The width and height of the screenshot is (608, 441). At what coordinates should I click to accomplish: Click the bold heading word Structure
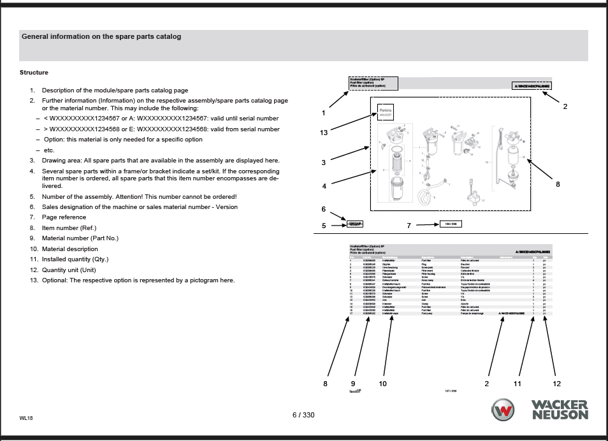point(34,73)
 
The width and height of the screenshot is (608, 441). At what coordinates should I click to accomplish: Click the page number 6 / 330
point(303,415)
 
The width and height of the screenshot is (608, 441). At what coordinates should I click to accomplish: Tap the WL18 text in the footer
point(27,419)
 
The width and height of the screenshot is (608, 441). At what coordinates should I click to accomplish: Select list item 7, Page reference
point(64,217)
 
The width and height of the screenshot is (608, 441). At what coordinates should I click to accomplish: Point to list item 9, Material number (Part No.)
point(80,238)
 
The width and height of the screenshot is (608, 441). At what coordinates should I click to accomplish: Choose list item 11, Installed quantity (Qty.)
point(75,259)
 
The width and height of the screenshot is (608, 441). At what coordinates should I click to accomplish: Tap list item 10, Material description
point(70,249)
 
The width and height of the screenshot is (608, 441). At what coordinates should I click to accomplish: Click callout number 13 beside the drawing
point(324,132)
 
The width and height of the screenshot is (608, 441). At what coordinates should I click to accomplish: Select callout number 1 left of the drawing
point(324,113)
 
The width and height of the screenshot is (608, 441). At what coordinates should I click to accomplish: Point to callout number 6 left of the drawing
point(324,209)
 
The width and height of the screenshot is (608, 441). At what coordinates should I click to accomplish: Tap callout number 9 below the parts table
point(353,384)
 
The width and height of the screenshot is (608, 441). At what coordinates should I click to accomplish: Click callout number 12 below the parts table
point(557,384)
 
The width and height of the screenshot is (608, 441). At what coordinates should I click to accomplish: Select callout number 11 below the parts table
point(518,384)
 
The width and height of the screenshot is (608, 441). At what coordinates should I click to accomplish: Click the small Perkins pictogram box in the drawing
point(386,113)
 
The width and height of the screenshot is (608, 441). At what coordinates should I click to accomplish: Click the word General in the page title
point(38,36)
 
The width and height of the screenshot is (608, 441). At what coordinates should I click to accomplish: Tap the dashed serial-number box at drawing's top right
point(532,86)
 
